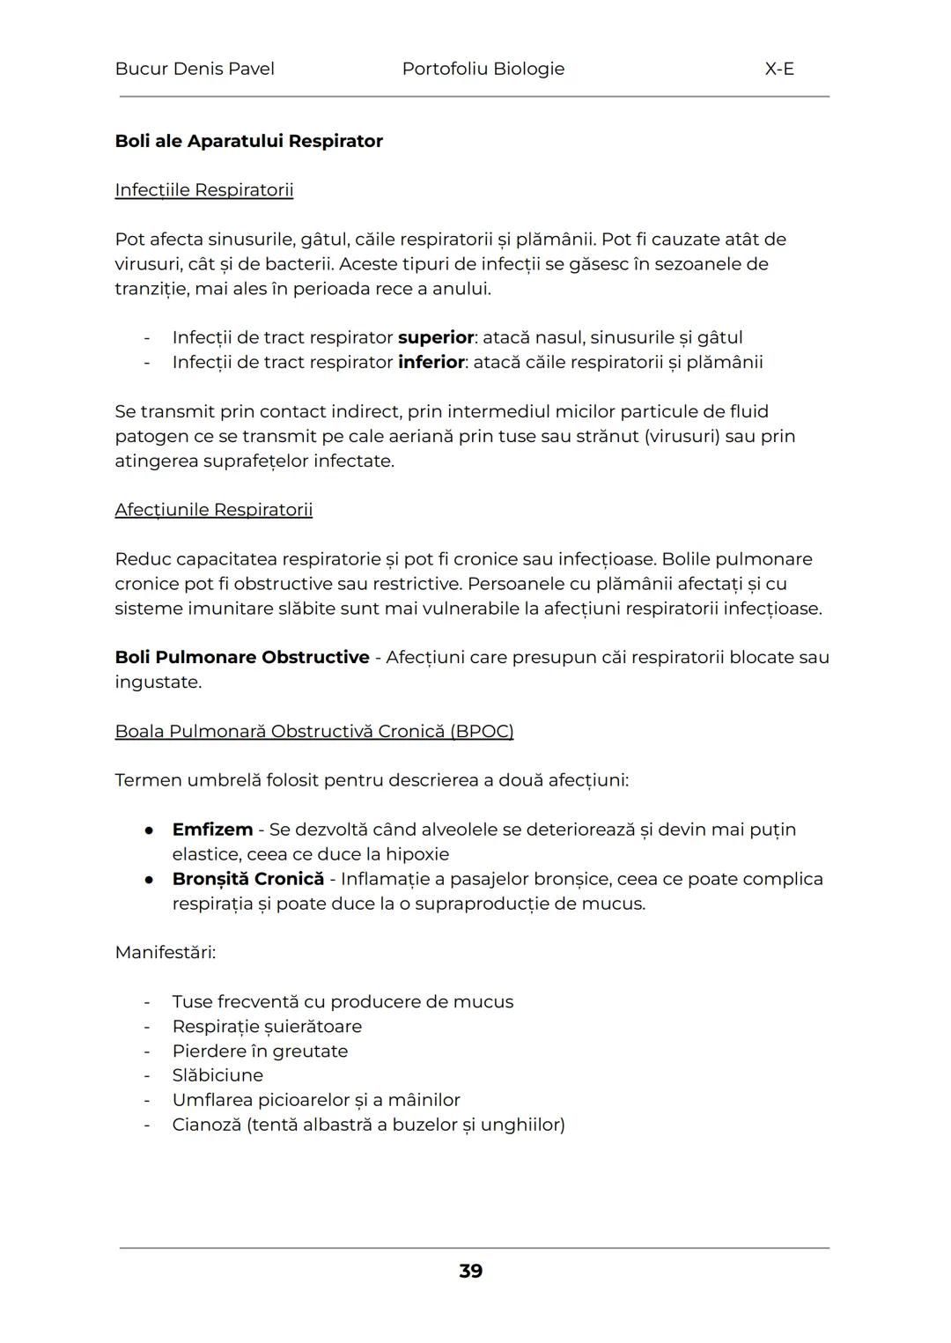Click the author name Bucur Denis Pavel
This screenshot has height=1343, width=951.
click(x=195, y=69)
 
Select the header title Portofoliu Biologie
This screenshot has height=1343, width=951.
click(x=483, y=69)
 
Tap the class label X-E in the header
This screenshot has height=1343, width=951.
click(x=779, y=69)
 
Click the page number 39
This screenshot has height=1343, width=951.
click(x=471, y=1271)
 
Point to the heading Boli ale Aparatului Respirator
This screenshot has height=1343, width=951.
click(x=248, y=141)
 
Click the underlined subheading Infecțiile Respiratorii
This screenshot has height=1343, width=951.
click(x=204, y=190)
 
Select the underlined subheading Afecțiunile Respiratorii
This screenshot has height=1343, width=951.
click(x=214, y=510)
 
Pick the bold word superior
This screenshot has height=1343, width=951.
click(x=436, y=337)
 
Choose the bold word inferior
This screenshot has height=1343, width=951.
click(x=431, y=362)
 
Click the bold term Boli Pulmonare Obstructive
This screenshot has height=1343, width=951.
click(x=242, y=657)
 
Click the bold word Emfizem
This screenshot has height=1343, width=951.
click(x=212, y=830)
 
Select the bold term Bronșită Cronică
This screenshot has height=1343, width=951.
click(x=248, y=879)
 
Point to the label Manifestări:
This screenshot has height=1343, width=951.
click(x=166, y=952)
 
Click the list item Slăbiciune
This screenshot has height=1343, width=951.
click(x=217, y=1075)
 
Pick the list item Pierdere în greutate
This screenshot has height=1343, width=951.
click(x=260, y=1051)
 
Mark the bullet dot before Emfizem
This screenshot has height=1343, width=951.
click(x=150, y=830)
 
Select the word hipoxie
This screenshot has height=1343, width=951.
click(x=417, y=854)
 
